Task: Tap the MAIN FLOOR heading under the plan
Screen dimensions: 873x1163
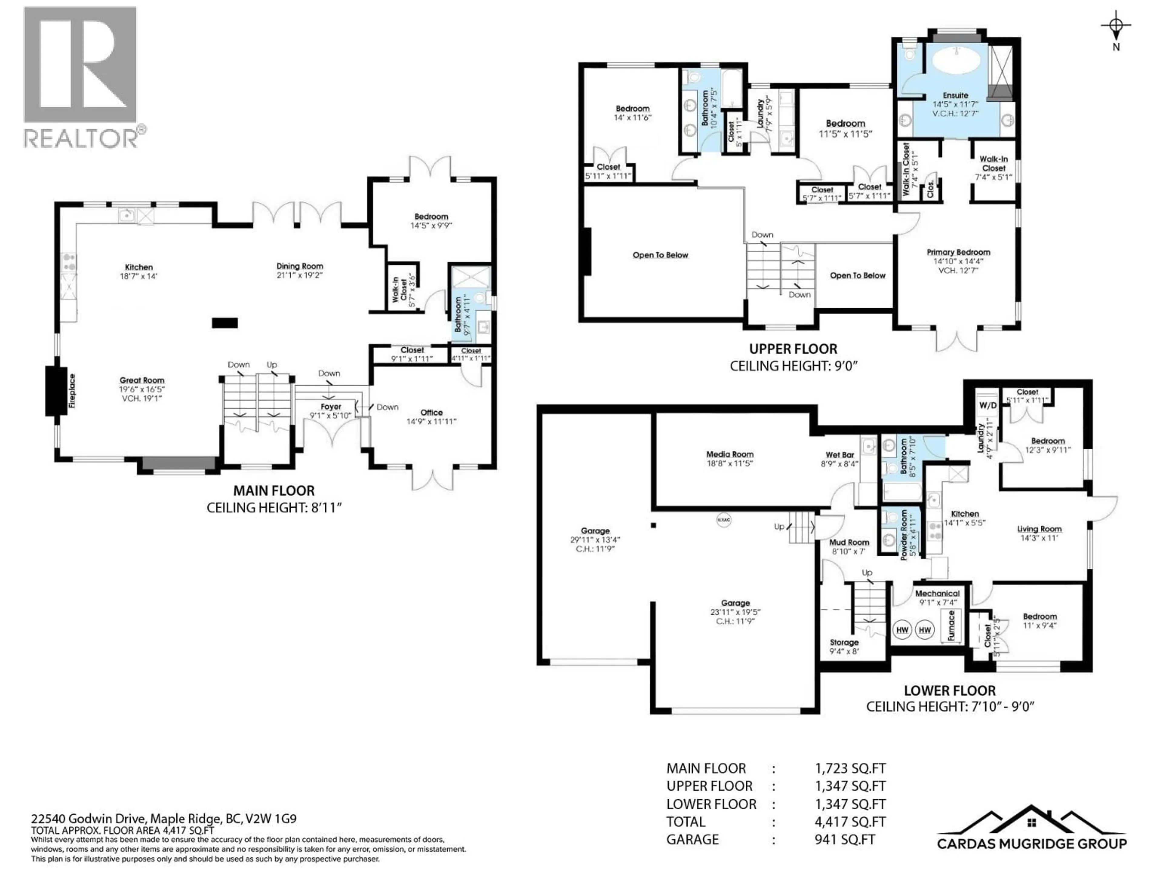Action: [x=274, y=490]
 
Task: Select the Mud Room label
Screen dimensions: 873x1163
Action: [x=849, y=542]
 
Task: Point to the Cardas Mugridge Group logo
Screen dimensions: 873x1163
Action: [x=1032, y=837]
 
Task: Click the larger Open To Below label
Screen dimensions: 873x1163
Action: [x=660, y=255]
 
